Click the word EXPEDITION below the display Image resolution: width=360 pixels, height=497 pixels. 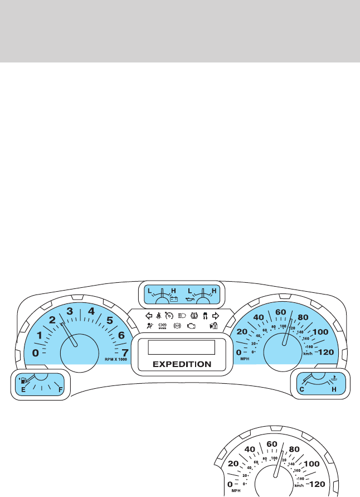pos(182,364)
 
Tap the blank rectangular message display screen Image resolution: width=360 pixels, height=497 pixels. pos(182,348)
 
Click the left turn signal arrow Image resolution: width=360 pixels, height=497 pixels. pos(149,315)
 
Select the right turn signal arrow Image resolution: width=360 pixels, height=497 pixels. pos(216,315)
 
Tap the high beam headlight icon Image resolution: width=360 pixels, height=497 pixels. pos(181,315)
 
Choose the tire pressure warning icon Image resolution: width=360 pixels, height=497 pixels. pos(193,315)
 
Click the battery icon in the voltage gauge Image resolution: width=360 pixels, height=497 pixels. pos(173,300)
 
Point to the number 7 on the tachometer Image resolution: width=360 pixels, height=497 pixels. pos(125,352)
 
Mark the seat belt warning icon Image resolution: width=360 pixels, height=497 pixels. pos(159,315)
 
